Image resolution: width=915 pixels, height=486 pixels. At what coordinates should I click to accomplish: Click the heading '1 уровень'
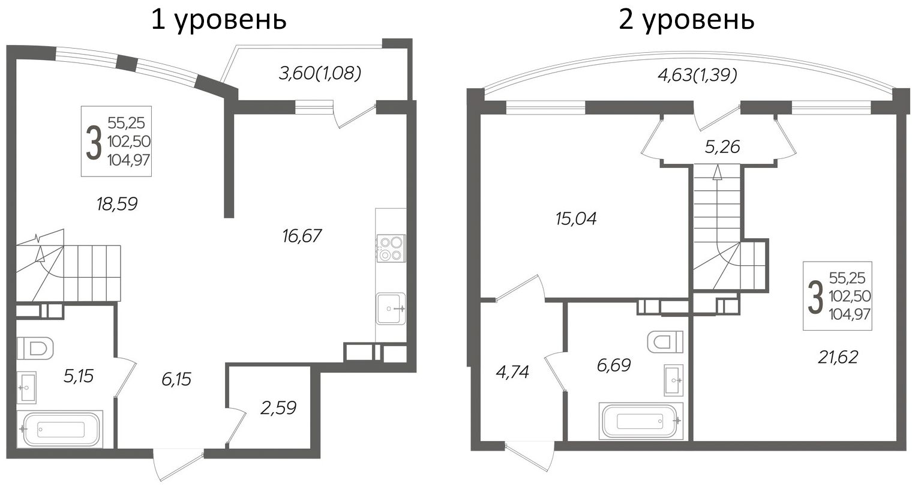point(218,20)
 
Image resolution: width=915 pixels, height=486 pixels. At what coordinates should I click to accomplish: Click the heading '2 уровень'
point(686,20)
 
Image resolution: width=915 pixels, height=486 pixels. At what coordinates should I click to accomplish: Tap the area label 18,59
point(117,204)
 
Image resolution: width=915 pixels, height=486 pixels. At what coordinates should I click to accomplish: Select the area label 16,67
point(302,236)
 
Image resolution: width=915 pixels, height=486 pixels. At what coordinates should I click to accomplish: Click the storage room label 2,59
point(278,408)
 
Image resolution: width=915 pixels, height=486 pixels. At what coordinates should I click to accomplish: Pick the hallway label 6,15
point(176,379)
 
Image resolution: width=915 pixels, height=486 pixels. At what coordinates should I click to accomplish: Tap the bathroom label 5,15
point(79,376)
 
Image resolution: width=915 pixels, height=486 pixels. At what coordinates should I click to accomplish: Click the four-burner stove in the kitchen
point(391,248)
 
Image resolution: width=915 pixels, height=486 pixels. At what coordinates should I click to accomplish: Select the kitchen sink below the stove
point(391,309)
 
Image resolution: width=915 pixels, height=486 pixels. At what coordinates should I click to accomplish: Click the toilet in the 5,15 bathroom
point(35,349)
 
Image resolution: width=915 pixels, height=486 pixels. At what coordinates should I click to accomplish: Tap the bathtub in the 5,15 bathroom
point(61,429)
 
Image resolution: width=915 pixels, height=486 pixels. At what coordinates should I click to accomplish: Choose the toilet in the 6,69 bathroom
point(665,341)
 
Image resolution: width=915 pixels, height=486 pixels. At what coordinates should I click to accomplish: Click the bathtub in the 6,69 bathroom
point(641,421)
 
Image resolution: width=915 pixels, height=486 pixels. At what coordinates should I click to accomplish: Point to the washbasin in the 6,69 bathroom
point(674,380)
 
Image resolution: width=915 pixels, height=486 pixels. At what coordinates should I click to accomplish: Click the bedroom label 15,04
point(576,219)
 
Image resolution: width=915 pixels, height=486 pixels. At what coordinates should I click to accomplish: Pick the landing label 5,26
point(722,147)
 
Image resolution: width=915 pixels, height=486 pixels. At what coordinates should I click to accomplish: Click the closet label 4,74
point(512,372)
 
